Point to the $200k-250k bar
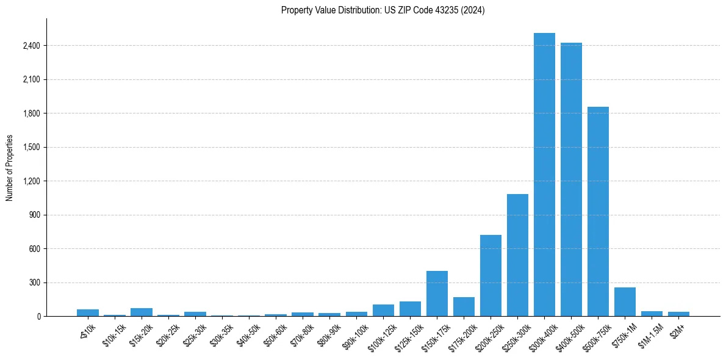(x=491, y=275)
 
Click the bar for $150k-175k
(x=437, y=293)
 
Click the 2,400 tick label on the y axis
(x=31, y=46)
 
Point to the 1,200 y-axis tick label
(x=31, y=181)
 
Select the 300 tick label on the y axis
(x=34, y=283)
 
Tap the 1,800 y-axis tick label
(x=31, y=113)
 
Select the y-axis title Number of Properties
(x=10, y=168)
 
